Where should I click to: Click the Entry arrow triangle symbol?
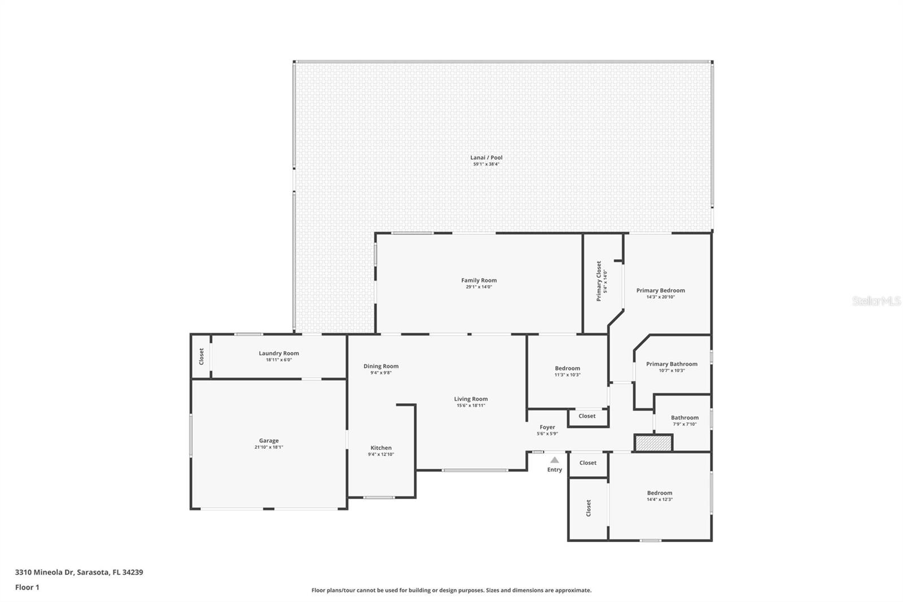pyautogui.click(x=555, y=460)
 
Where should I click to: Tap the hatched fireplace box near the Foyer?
pyautogui.click(x=654, y=443)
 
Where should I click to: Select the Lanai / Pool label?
pyautogui.click(x=486, y=158)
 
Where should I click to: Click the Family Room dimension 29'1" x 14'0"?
pyautogui.click(x=479, y=287)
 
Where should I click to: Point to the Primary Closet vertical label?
pyautogui.click(x=599, y=281)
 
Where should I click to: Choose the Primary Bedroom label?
pyautogui.click(x=660, y=290)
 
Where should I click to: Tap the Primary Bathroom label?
pyautogui.click(x=672, y=364)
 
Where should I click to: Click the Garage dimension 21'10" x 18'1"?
pyautogui.click(x=269, y=447)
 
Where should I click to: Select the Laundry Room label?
pyautogui.click(x=279, y=353)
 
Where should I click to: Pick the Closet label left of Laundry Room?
pyautogui.click(x=201, y=356)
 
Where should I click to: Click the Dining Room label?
pyautogui.click(x=381, y=366)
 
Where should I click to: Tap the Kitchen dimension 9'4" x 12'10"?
pyautogui.click(x=381, y=454)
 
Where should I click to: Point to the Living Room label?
pyautogui.click(x=471, y=399)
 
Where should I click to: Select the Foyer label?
pyautogui.click(x=547, y=427)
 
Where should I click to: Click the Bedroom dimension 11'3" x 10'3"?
pyautogui.click(x=567, y=375)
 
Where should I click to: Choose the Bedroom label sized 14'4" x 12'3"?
pyautogui.click(x=659, y=492)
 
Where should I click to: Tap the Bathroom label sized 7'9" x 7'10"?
pyautogui.click(x=685, y=417)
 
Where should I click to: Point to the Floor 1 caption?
pyautogui.click(x=27, y=587)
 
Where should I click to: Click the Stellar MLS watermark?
pyautogui.click(x=876, y=301)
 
